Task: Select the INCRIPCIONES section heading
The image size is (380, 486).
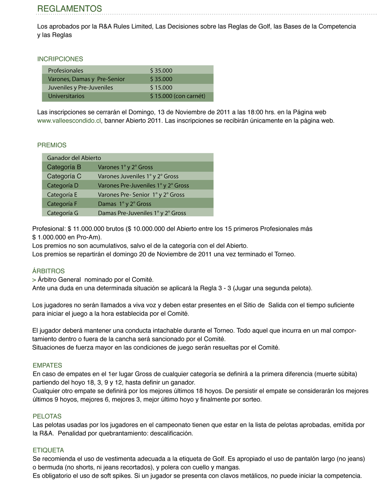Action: pos(60,59)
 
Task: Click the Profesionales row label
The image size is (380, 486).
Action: pos(66,71)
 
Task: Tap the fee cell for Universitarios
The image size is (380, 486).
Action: pos(177,96)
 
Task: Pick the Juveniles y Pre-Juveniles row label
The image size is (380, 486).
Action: pos(80,88)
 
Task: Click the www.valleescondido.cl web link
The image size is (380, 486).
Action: pos(69,121)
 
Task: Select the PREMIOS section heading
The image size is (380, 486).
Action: pos(52,145)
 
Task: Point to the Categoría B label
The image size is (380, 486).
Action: pos(64,167)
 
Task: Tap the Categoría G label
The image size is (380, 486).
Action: pos(63,213)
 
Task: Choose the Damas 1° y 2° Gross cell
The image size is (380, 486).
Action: pos(124,204)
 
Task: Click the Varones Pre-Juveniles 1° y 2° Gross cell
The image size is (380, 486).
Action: pos(143,186)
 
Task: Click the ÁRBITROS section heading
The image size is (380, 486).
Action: pos(48,271)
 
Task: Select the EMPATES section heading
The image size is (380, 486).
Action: pos(47,365)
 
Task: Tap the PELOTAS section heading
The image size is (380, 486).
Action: pos(47,416)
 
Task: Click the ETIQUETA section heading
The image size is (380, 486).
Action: pos(48,450)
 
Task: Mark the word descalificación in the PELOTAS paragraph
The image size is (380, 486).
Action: pos(171,433)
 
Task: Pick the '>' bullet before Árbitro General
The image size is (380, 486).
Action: pos(34,280)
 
